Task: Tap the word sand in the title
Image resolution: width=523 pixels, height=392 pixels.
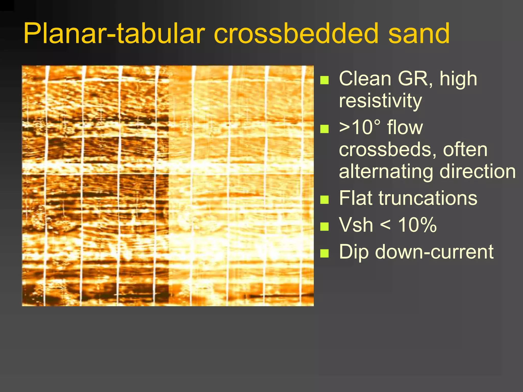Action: [x=419, y=33]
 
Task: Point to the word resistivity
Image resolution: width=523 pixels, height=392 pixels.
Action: [x=380, y=101]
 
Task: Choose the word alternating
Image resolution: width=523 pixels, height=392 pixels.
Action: [x=386, y=171]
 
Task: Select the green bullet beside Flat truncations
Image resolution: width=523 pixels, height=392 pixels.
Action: [x=324, y=200]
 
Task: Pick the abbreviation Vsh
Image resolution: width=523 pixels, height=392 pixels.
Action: [x=356, y=225]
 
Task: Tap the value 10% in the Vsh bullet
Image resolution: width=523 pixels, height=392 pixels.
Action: [x=417, y=225]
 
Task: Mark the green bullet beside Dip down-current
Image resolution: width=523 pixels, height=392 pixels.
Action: [x=324, y=253]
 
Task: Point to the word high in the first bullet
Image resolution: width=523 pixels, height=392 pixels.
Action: [x=458, y=79]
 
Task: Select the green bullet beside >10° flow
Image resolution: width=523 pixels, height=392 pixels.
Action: [x=324, y=129]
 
